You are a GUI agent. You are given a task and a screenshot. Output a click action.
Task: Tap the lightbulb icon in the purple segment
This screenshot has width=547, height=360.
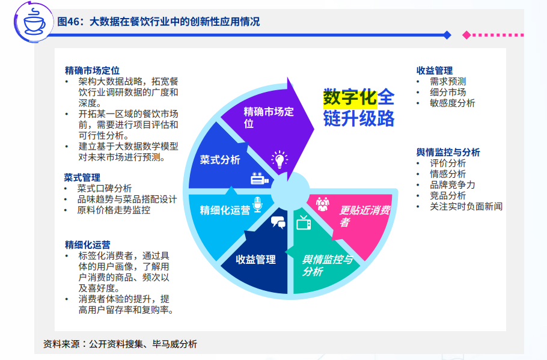point(279,159)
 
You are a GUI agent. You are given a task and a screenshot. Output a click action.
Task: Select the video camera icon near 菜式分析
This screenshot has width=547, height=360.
point(259,178)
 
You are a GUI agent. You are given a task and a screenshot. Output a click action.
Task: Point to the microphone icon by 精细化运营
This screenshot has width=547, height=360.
point(258,204)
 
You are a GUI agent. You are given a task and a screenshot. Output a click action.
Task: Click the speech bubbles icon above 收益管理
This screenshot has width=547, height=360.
point(278,222)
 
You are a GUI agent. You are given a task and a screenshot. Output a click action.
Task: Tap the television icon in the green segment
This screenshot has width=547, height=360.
point(303,223)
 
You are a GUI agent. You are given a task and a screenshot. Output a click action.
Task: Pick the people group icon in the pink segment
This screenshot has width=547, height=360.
point(323,204)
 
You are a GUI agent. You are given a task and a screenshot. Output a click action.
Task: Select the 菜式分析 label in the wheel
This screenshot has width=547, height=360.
point(220,160)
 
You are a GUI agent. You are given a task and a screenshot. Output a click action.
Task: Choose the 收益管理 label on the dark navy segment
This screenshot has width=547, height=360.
point(255,260)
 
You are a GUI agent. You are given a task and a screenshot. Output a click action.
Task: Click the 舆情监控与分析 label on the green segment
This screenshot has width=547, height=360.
point(327,265)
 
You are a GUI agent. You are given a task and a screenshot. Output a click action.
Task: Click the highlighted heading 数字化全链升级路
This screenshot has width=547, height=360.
point(359,107)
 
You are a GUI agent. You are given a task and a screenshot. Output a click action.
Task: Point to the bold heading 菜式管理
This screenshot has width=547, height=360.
point(82,177)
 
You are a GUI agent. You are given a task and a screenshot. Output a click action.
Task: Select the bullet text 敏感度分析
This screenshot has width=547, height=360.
point(452,103)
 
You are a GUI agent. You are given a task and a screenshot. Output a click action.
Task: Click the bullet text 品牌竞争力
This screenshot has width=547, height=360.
point(452,185)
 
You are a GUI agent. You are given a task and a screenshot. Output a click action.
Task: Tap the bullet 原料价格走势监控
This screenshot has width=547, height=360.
point(114,210)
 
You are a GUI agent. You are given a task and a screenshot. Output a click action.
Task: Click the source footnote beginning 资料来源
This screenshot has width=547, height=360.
point(120,344)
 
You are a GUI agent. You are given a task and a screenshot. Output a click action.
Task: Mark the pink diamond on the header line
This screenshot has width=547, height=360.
point(466,35)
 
